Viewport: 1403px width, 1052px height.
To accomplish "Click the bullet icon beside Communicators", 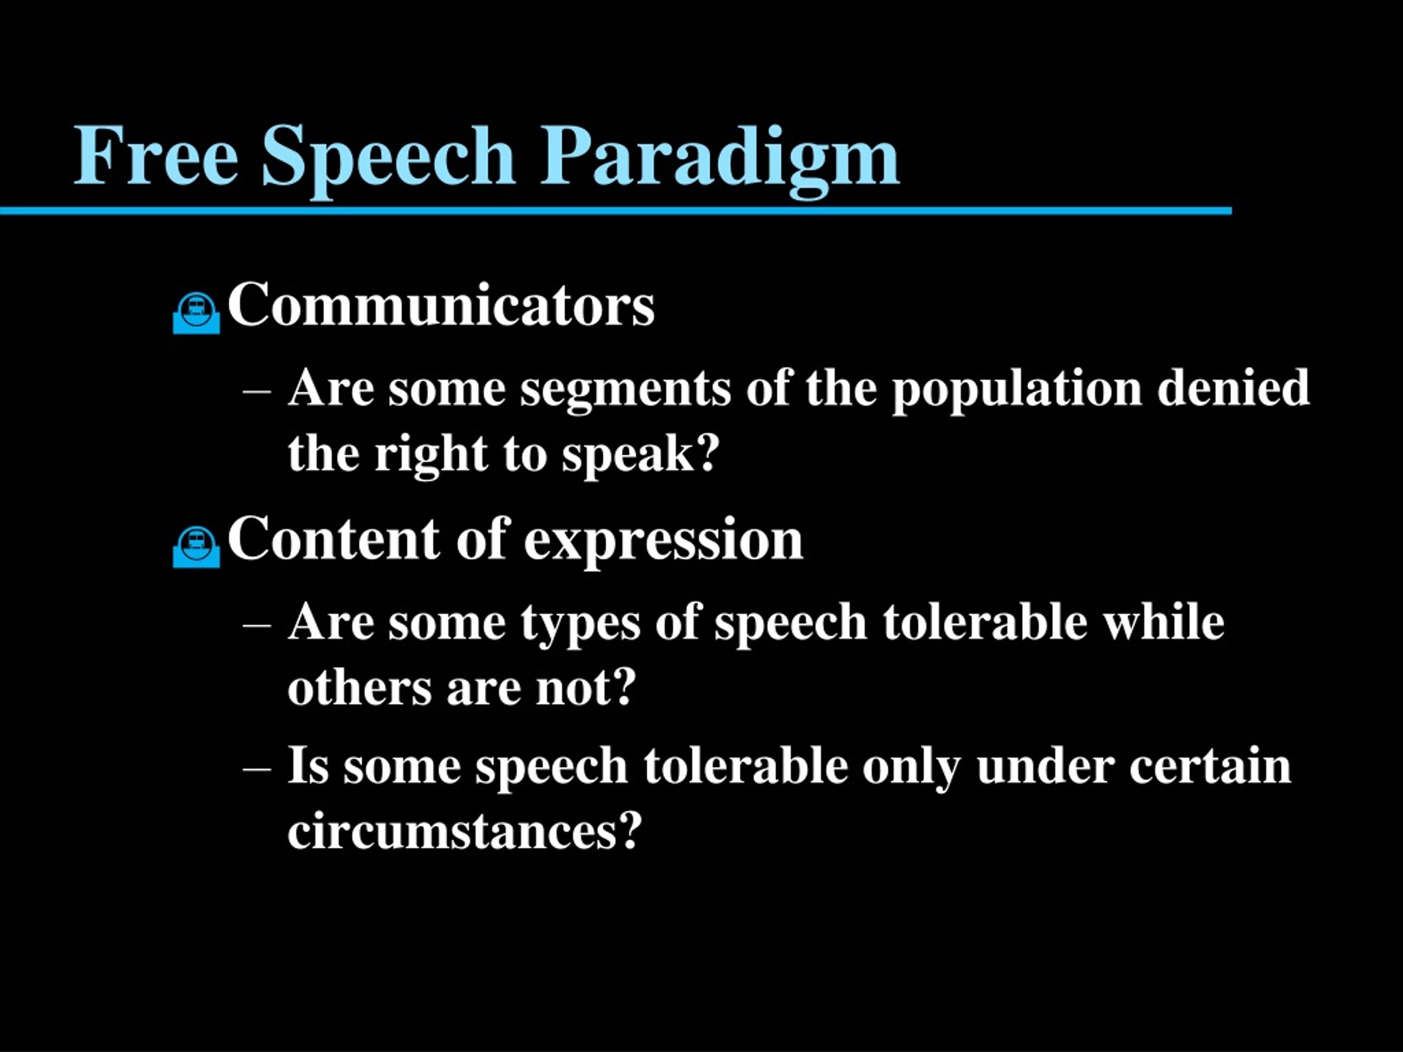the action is point(197,313).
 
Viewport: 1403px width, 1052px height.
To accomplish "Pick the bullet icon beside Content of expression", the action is point(197,547).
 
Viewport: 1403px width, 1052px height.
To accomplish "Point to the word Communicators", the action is point(441,305).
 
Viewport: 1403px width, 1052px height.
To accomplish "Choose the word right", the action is point(431,456).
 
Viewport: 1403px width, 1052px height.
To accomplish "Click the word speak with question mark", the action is point(641,456).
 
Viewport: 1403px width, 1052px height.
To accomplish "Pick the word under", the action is point(1045,766).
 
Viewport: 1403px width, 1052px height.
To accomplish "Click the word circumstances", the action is point(465,831).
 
